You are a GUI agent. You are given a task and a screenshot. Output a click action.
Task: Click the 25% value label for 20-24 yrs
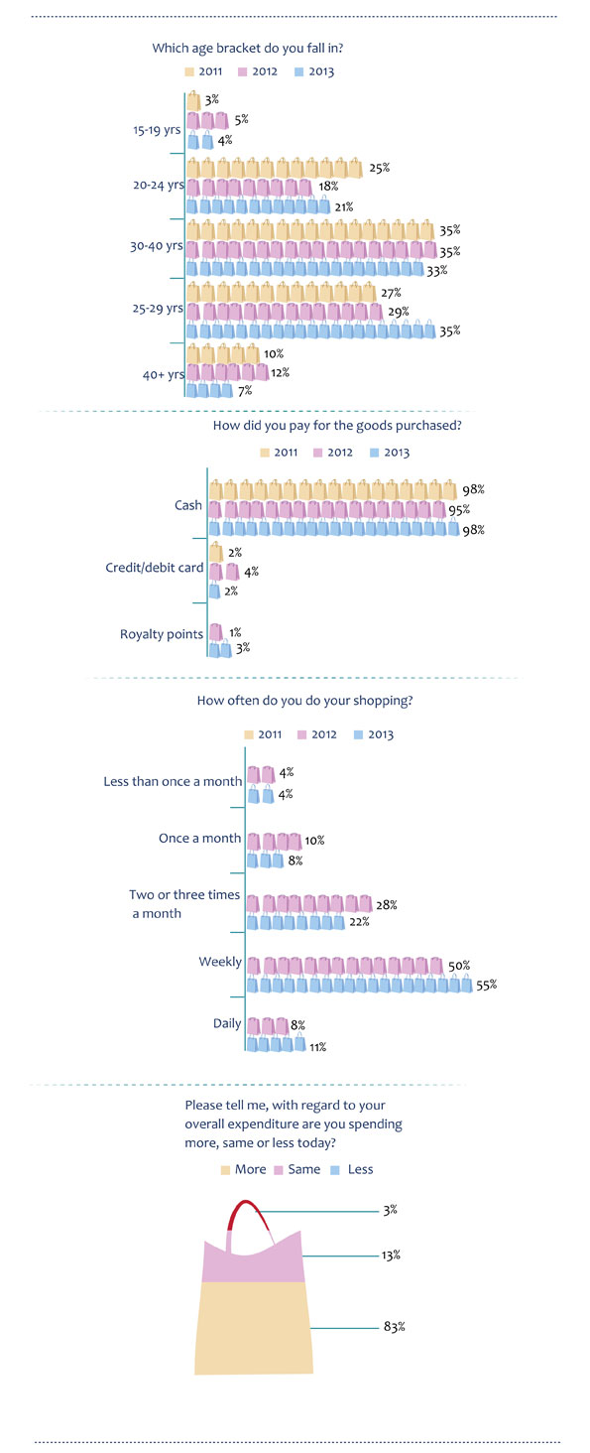[x=380, y=168]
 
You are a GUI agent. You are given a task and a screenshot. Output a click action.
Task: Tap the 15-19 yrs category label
[x=157, y=130]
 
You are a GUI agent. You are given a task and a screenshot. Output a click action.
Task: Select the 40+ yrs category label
[x=164, y=375]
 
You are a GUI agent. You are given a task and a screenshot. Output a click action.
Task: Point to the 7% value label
[x=244, y=390]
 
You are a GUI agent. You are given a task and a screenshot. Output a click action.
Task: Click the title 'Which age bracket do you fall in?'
[x=248, y=48]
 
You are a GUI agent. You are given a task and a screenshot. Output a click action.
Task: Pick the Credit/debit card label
[x=155, y=568]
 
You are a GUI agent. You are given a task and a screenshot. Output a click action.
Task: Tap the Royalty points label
[x=162, y=634]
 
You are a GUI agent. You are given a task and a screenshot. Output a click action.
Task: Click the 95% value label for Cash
[x=459, y=510]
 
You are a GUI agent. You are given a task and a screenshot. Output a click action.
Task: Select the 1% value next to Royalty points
[x=235, y=632]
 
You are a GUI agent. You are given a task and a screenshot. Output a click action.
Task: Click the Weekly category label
[x=220, y=962]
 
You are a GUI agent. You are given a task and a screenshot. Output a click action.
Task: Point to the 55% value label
[x=486, y=985]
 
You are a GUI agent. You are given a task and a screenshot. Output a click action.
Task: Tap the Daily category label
[x=227, y=1023]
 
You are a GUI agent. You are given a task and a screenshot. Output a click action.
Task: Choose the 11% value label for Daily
[x=317, y=1047]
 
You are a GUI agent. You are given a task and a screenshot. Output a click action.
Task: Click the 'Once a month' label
[x=199, y=838]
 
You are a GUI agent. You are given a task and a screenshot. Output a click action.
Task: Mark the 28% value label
[x=387, y=905]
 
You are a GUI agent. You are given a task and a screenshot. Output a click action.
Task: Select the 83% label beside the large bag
[x=395, y=1327]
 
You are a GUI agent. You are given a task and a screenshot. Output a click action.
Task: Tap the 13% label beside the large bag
[x=391, y=1255]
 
